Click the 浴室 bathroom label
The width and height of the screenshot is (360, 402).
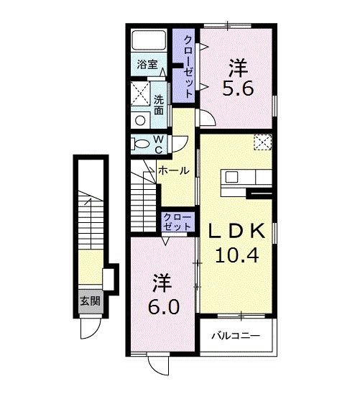[x=147, y=64]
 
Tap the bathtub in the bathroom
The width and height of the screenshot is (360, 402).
[x=149, y=40]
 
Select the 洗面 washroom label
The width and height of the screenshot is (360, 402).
[x=159, y=105]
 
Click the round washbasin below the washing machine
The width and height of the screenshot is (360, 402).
[x=140, y=121]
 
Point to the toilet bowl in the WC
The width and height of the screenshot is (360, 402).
[x=139, y=144]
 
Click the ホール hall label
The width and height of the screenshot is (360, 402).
[x=173, y=170]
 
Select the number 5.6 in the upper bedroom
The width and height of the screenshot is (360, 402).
[x=238, y=88]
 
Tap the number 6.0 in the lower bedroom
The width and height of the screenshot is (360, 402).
[x=164, y=307]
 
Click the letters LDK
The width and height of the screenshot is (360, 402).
[x=236, y=232]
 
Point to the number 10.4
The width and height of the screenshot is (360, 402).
[x=236, y=255]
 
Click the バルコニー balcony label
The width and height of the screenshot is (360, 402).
[x=236, y=336]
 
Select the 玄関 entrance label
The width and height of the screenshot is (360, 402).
[x=91, y=301]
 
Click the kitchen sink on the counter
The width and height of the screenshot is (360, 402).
[x=231, y=177]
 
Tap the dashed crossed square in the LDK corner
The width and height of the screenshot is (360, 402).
[x=262, y=142]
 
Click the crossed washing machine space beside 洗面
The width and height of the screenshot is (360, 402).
[x=140, y=93]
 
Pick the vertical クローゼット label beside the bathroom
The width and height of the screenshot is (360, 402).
[x=188, y=66]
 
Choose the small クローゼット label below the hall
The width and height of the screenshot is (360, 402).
[x=177, y=222]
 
